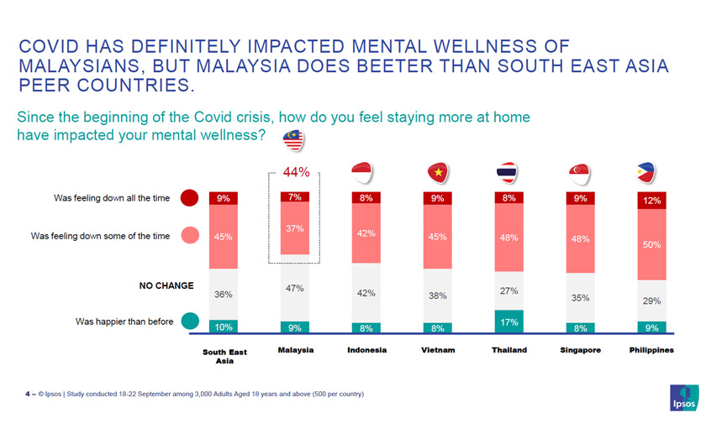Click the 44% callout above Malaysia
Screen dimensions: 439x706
296,173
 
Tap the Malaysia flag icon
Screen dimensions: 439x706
293,142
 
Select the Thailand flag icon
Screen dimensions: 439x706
508,172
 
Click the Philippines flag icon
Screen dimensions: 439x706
651,172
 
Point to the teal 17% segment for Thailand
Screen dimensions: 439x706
508,321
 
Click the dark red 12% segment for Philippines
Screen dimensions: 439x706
651,201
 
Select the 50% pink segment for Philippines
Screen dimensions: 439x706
651,244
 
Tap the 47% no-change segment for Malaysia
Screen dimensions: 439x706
295,288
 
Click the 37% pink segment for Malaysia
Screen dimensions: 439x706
295,228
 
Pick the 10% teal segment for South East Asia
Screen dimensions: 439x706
224,327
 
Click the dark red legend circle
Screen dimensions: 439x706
190,198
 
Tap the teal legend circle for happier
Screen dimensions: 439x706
190,321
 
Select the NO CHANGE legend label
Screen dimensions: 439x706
166,285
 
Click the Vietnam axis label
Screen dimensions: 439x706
437,350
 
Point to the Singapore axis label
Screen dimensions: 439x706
580,350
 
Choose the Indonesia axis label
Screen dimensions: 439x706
366,350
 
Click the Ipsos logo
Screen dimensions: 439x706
683,398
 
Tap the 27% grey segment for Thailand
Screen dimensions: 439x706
508,291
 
